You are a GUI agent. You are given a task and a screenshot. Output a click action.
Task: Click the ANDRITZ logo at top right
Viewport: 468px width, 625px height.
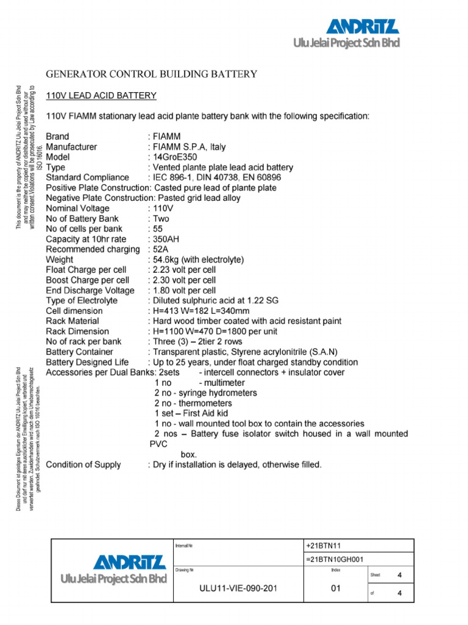click(363, 27)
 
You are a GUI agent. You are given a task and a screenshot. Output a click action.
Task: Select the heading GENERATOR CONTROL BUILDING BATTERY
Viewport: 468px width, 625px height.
click(152, 74)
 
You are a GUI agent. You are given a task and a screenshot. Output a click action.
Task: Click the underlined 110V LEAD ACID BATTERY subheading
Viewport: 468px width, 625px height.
click(101, 96)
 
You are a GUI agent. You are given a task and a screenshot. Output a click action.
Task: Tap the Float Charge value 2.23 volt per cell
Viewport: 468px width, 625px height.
click(184, 270)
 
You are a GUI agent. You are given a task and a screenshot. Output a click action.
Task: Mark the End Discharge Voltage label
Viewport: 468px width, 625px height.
click(90, 291)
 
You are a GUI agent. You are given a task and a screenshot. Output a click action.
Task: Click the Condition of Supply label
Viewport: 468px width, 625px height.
click(83, 465)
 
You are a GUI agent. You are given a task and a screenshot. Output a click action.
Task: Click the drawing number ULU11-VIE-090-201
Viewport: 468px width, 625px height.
click(238, 589)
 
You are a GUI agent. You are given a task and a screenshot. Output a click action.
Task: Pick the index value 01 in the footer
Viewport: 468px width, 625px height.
click(336, 588)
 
